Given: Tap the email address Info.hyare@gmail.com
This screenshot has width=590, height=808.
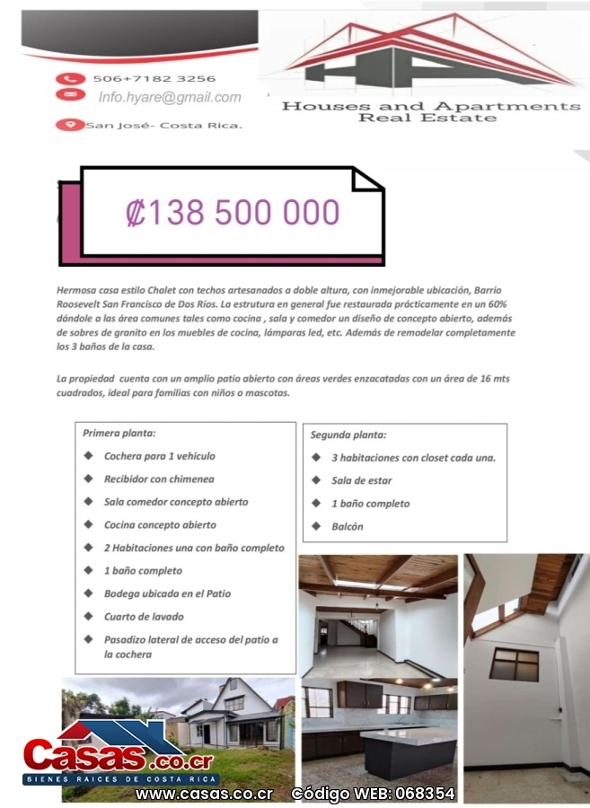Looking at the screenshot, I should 170,97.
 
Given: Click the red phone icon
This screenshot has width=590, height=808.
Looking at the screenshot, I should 66,79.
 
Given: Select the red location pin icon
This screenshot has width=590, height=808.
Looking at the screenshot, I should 66,125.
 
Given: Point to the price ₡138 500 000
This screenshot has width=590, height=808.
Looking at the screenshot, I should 233,213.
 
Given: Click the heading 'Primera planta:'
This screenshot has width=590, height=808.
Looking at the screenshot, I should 119,433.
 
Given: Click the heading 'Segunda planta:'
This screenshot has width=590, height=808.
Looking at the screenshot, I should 348,435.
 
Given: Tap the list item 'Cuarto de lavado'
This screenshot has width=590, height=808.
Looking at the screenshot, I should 144,617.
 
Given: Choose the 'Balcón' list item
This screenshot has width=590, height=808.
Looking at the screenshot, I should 348,527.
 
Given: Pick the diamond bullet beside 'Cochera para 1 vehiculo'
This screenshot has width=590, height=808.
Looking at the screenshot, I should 88,456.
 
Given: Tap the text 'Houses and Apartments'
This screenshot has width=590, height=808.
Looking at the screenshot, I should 431,106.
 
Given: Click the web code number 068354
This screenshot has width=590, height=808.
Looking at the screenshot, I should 427,794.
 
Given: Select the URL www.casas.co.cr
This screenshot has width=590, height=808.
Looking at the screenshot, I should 204,794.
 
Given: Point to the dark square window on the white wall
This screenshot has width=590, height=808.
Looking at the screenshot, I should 514,664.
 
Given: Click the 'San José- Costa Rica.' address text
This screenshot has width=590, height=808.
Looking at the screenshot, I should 163,125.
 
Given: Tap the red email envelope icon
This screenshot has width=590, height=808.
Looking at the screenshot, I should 66,94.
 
